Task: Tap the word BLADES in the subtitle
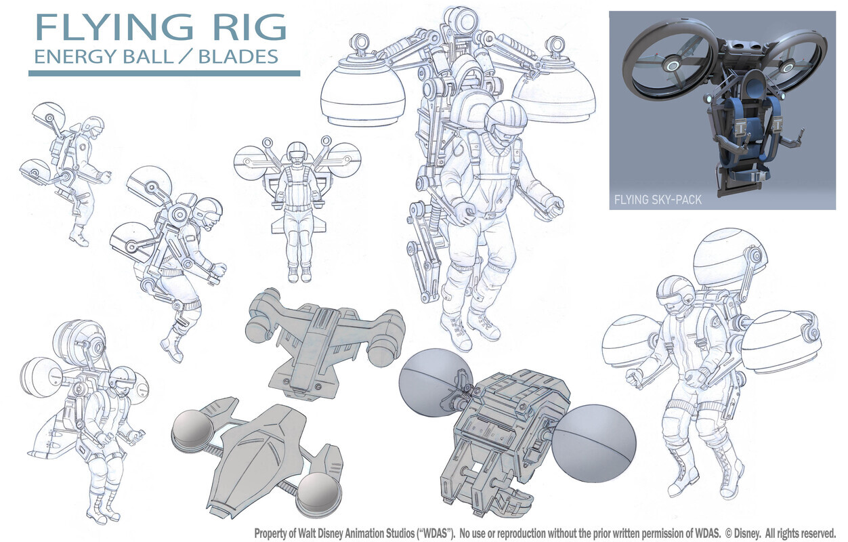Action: point(238,57)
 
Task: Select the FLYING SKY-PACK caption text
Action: point(658,200)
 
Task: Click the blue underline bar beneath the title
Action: point(165,73)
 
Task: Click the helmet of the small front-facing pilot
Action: point(297,152)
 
